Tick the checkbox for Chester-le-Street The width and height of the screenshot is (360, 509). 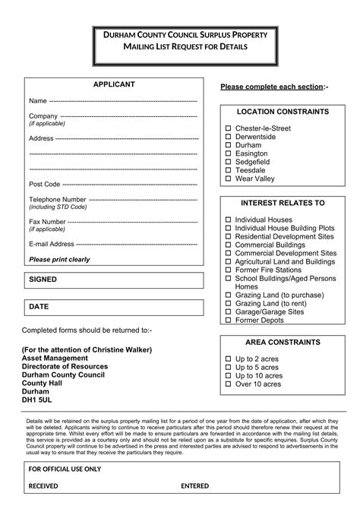[228, 128]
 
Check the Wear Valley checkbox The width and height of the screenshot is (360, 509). [228, 179]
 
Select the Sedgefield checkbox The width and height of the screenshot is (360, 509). [228, 162]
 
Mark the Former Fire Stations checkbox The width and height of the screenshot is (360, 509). [228, 270]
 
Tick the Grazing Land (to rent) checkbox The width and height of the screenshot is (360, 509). [228, 303]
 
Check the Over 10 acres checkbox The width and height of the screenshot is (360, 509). [228, 384]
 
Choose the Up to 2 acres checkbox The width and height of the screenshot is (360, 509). [228, 359]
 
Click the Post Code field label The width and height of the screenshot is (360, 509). [44, 184]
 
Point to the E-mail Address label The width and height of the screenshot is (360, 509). [52, 244]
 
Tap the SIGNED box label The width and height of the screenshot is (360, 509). [43, 280]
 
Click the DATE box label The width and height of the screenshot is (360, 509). [39, 306]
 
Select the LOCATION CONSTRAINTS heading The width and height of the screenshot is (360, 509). [283, 112]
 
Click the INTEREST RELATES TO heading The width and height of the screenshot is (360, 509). [283, 203]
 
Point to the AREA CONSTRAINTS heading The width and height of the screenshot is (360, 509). [283, 342]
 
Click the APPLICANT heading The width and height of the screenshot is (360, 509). [114, 84]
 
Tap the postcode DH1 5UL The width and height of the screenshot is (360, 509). [37, 400]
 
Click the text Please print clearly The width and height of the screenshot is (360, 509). [59, 259]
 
